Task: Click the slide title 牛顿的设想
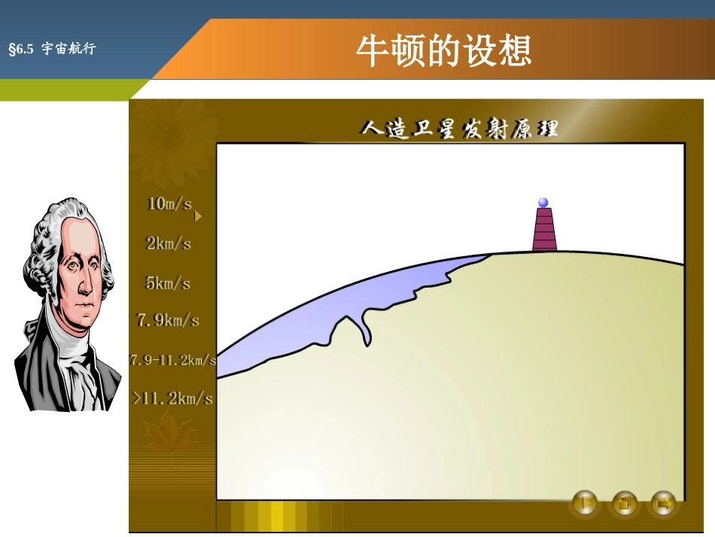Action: tap(443, 51)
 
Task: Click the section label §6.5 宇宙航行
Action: tap(52, 50)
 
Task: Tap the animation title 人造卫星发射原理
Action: tap(459, 129)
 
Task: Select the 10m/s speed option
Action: tap(169, 204)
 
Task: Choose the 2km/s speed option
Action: tap(169, 244)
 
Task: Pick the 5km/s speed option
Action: tap(168, 284)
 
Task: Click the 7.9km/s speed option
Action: tap(168, 321)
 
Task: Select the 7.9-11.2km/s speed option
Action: tap(173, 360)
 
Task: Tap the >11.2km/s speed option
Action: tap(172, 399)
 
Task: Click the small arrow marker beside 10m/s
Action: tap(198, 217)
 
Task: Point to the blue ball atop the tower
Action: tap(543, 203)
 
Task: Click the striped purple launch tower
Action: tap(544, 230)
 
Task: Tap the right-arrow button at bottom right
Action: tap(663, 502)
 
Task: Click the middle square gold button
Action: tap(625, 502)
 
